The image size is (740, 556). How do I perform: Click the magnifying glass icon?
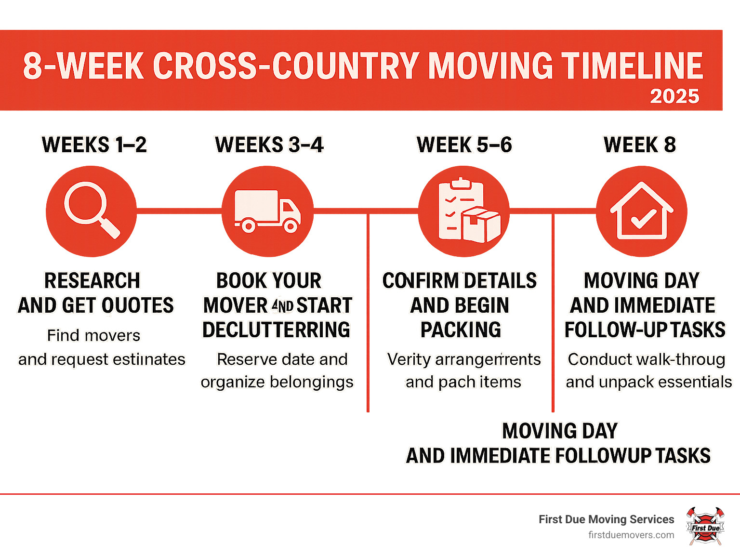[x=92, y=211]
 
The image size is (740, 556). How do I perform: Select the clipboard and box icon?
[x=463, y=211]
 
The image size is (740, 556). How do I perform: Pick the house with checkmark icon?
[x=641, y=211]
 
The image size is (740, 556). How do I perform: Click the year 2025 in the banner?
[x=674, y=96]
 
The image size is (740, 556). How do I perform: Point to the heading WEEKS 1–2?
[x=94, y=145]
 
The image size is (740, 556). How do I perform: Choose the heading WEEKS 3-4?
[x=269, y=145]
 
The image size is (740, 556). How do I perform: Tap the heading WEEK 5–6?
[x=464, y=145]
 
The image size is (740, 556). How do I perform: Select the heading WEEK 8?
[x=640, y=145]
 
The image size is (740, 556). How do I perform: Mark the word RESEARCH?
[x=92, y=280]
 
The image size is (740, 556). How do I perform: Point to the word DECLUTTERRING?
[x=276, y=330]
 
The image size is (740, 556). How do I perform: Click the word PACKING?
[x=461, y=330]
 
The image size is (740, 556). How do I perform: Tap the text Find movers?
[x=93, y=335]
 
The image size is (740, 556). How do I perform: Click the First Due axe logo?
[x=705, y=526]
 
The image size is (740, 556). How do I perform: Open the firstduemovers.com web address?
[x=631, y=535]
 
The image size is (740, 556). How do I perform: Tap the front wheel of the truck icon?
[x=291, y=225]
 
